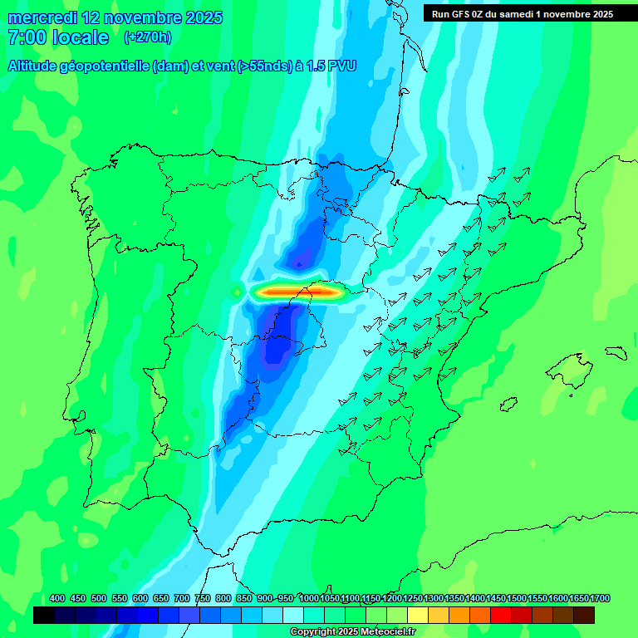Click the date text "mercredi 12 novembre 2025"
(x=115, y=17)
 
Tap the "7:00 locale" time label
(x=58, y=37)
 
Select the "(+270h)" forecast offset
(x=148, y=37)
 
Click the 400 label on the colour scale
(x=57, y=598)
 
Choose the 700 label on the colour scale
(x=182, y=598)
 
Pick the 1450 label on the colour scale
(x=496, y=598)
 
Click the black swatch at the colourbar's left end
(x=44, y=616)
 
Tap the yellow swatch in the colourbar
(x=418, y=616)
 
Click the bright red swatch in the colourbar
(x=501, y=616)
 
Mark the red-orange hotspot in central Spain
(x=299, y=292)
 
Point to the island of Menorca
(x=616, y=352)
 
